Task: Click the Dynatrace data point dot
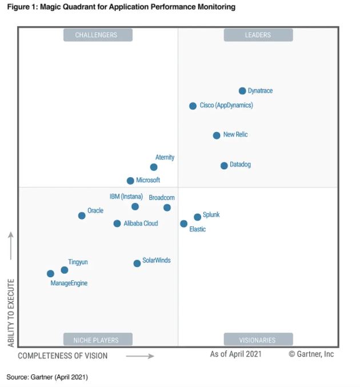(x=242, y=91)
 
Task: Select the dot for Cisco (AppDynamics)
(x=193, y=106)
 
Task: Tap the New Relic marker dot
(x=217, y=135)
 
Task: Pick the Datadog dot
(x=224, y=166)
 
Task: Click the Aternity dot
(x=154, y=167)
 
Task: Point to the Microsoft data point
(x=130, y=181)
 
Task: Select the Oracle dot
(x=82, y=216)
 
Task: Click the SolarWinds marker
(x=137, y=264)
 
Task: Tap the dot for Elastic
(x=184, y=224)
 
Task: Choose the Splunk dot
(x=198, y=217)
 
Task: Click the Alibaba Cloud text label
(x=141, y=224)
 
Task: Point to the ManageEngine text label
(x=69, y=283)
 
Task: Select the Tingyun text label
(x=78, y=262)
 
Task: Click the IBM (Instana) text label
(x=126, y=197)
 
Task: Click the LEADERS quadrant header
(x=258, y=35)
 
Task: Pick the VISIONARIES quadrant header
(x=258, y=340)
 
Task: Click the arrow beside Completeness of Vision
(x=140, y=356)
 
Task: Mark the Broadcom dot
(x=167, y=208)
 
